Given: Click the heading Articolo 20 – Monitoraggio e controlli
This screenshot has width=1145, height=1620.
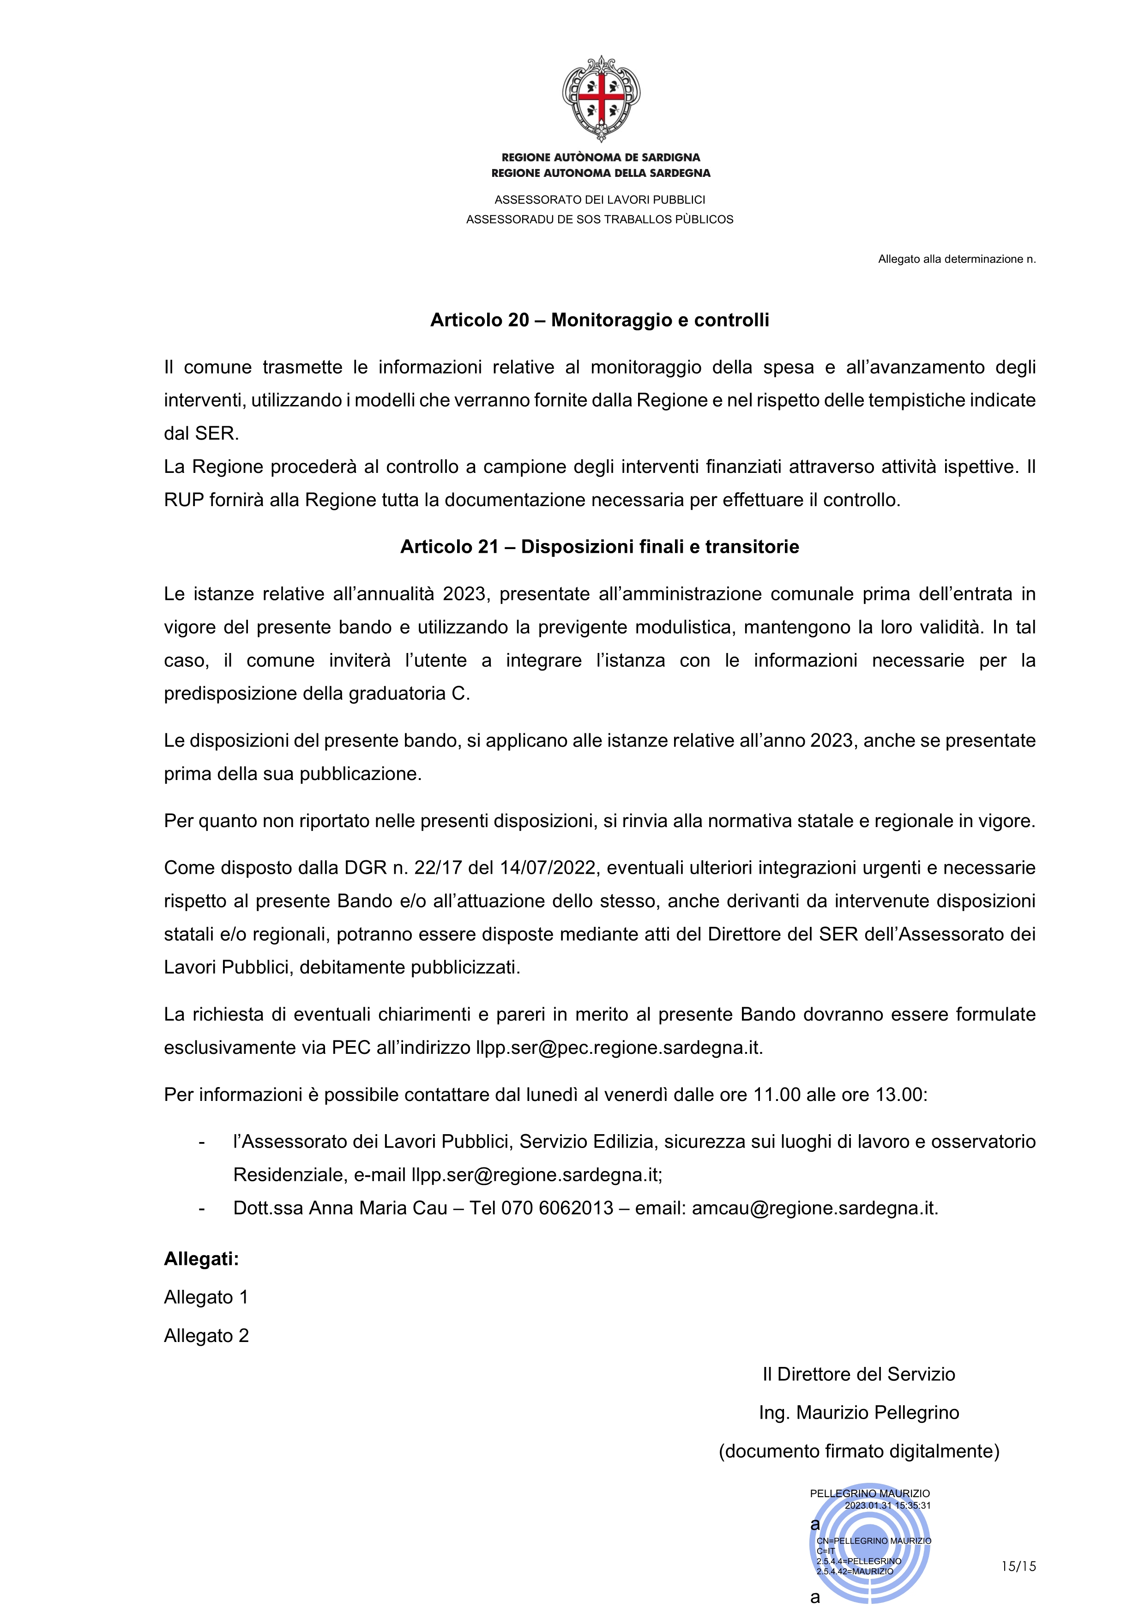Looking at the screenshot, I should pyautogui.click(x=600, y=320).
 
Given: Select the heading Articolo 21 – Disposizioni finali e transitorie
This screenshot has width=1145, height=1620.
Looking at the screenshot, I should pyautogui.click(x=600, y=547).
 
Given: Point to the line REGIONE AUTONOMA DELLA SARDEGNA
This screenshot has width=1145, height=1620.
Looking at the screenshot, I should pyautogui.click(x=600, y=173).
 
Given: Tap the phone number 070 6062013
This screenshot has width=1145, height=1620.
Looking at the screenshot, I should pyautogui.click(x=557, y=1208).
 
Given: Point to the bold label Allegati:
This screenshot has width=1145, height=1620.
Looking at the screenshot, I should pyautogui.click(x=201, y=1259).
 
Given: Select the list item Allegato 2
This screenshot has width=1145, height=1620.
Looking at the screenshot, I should pyautogui.click(x=206, y=1336).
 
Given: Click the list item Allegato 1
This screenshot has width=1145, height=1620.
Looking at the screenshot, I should pyautogui.click(x=206, y=1297).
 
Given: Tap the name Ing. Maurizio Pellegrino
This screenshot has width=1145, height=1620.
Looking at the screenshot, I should pyautogui.click(x=859, y=1413).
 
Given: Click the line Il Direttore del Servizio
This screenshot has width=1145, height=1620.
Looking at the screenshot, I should pyautogui.click(x=859, y=1374).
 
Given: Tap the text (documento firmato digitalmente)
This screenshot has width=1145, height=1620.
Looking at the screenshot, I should pyautogui.click(x=859, y=1451).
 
